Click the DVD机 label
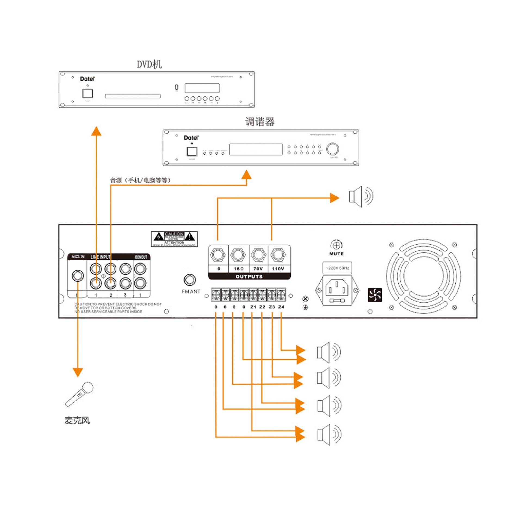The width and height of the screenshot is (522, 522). [149, 64]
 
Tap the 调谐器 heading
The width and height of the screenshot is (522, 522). [260, 122]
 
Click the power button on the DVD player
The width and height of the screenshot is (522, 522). [88, 93]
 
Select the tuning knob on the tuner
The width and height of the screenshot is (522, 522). [333, 149]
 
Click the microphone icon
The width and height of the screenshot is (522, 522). [79, 394]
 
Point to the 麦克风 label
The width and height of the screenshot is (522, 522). [77, 421]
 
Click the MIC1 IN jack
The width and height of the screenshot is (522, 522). [78, 276]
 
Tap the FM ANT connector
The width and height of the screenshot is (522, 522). [189, 279]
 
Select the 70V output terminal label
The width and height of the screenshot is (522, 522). [258, 269]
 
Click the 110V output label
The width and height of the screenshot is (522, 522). [278, 269]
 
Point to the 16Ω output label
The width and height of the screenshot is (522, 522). [238, 269]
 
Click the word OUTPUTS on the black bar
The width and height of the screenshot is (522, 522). [249, 276]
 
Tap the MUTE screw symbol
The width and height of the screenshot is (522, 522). [336, 246]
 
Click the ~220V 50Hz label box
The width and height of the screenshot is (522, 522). [337, 268]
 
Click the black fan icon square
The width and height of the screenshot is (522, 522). [375, 295]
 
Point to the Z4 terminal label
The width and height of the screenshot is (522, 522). [281, 307]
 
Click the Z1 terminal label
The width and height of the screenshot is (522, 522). [253, 307]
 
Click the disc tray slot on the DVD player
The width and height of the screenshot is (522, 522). [133, 96]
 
